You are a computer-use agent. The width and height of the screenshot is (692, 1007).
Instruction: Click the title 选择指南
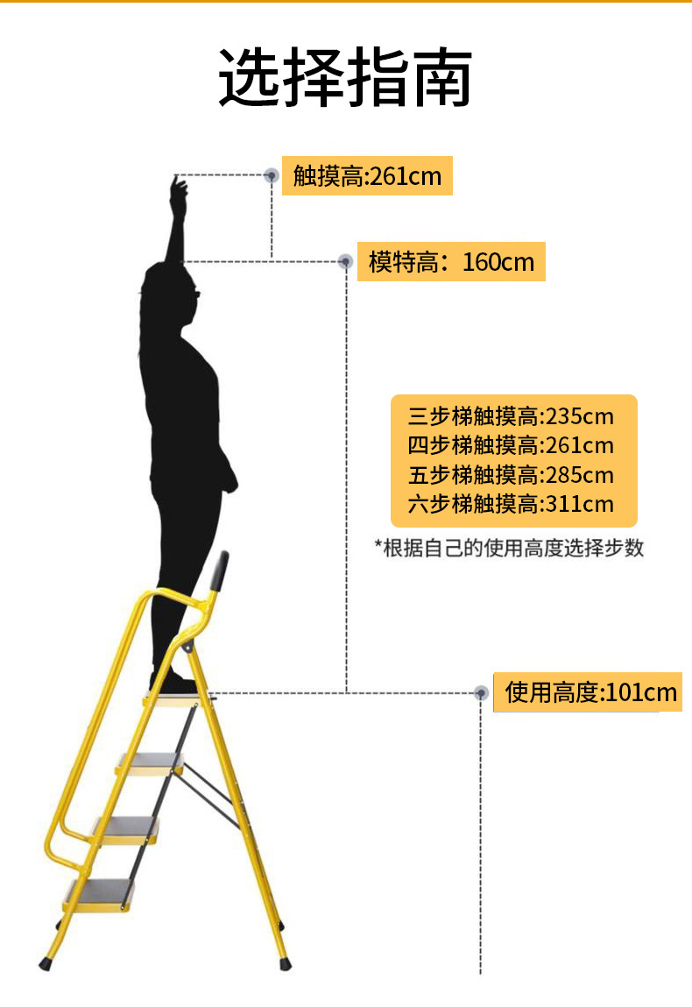345,79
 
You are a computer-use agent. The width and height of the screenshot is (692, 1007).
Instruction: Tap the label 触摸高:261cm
367,176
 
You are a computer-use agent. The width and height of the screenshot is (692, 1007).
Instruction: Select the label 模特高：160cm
451,261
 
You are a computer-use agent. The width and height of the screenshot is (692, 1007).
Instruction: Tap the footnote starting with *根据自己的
509,549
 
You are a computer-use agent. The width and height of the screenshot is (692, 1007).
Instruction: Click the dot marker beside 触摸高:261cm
272,175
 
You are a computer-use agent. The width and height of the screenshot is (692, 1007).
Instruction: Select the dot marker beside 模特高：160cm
345,261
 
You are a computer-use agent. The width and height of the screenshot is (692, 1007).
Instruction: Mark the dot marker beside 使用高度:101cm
480,692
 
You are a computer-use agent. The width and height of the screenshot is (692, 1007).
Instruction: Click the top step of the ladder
180,698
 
